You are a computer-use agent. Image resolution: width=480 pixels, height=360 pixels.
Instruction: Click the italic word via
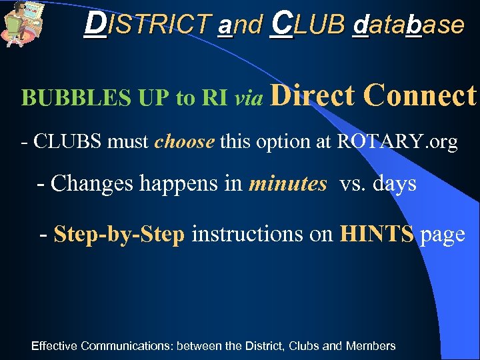(x=248, y=99)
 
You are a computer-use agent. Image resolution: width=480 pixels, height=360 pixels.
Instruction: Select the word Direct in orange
(x=312, y=95)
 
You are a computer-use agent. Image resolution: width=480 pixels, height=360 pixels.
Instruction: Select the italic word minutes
(x=287, y=183)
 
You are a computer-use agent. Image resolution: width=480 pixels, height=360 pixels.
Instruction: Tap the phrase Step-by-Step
(x=119, y=235)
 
